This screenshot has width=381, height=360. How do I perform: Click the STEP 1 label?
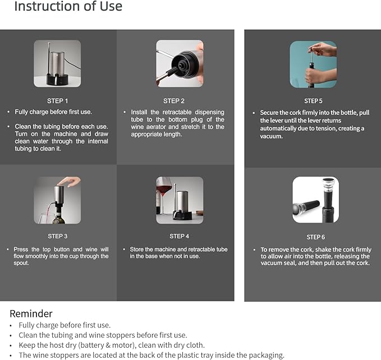[x=57, y=101]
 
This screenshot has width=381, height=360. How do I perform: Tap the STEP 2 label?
[x=174, y=101]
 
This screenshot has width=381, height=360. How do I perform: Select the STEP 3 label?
[x=58, y=236]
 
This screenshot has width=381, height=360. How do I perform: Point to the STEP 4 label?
[x=180, y=236]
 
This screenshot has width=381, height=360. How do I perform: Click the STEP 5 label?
[x=313, y=101]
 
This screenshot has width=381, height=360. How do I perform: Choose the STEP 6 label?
[x=316, y=237]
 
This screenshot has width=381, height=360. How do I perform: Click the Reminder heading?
[x=31, y=313]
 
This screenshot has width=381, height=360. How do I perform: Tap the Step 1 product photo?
[x=57, y=63]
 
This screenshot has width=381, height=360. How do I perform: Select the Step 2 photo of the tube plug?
[x=180, y=63]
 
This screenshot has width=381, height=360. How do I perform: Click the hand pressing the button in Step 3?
[x=70, y=181]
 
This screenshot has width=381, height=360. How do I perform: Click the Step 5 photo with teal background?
[x=313, y=64]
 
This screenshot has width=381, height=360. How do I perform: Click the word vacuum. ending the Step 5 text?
[x=272, y=136]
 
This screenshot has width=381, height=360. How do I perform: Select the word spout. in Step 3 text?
[x=21, y=263]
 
